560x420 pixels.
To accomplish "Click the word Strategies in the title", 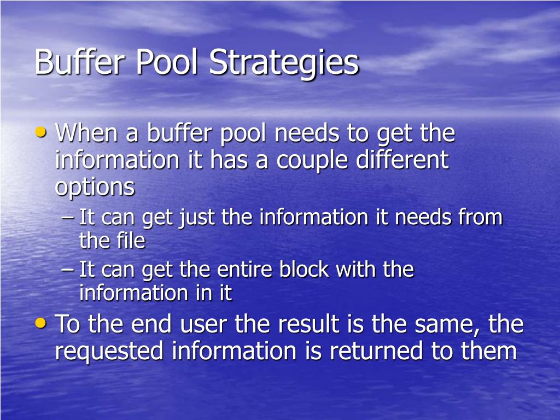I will (x=284, y=63).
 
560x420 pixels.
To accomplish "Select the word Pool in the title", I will (x=166, y=62).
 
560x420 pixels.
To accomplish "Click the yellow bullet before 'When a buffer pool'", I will (x=40, y=132).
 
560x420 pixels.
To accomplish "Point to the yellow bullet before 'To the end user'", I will (x=40, y=323).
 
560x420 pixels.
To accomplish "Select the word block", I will (x=304, y=270).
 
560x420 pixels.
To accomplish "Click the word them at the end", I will (x=489, y=351).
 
